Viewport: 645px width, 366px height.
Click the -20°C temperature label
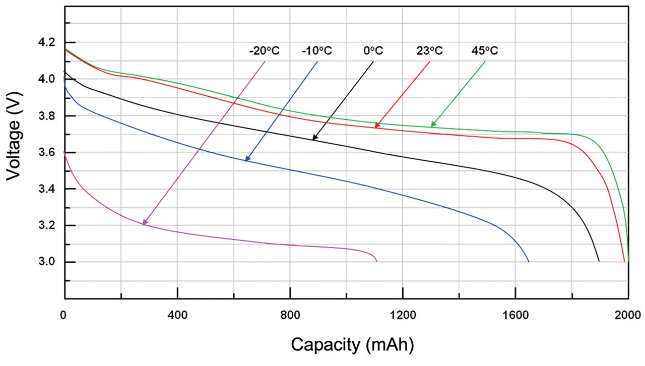tap(264, 51)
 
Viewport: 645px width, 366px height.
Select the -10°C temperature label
tap(317, 51)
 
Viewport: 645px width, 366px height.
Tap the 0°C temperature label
tap(373, 51)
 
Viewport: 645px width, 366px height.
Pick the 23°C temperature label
tap(430, 51)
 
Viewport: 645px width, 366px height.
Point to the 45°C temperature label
tap(485, 51)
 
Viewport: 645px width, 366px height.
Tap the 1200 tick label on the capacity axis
tap(403, 316)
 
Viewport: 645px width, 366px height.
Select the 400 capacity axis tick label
tap(177, 316)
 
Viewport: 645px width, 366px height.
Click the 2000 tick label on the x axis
tap(627, 316)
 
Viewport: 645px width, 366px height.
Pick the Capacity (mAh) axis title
tap(353, 345)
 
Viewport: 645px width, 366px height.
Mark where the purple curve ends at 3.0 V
tap(376, 261)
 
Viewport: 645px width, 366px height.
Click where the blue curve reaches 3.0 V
tap(529, 261)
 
